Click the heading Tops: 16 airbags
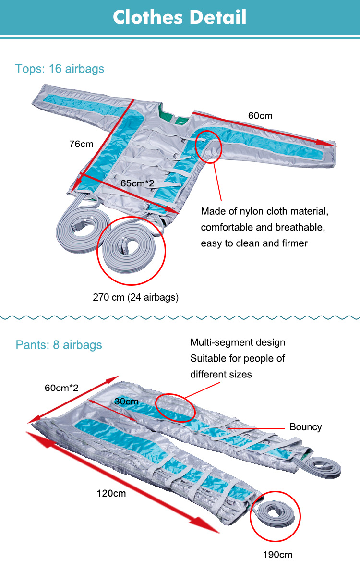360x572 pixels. click(x=60, y=69)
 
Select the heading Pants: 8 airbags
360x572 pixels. click(x=59, y=345)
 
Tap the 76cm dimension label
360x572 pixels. click(x=80, y=144)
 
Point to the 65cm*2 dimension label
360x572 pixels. click(x=137, y=183)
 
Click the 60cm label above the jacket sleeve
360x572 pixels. click(x=260, y=116)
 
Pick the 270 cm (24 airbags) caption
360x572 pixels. click(x=135, y=297)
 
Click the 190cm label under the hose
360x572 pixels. click(x=277, y=555)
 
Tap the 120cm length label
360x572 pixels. click(x=111, y=493)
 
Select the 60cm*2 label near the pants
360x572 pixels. click(x=61, y=388)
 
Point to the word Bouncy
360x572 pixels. click(x=305, y=427)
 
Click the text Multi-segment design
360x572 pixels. click(x=238, y=342)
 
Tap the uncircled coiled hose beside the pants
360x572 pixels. click(x=322, y=468)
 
